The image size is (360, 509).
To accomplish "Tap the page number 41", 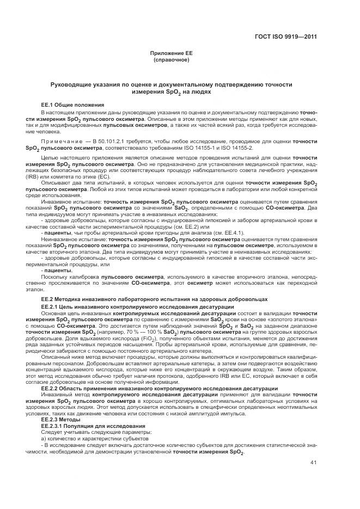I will click(313, 463).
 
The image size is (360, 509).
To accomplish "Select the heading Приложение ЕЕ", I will click(172, 53).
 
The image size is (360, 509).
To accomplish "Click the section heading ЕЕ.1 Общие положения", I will click(72, 104).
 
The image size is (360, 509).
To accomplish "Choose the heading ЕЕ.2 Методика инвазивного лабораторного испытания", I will click(155, 299).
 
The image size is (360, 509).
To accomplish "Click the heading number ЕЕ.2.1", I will click(51, 307).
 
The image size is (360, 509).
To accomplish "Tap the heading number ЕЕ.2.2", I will click(51, 388).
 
